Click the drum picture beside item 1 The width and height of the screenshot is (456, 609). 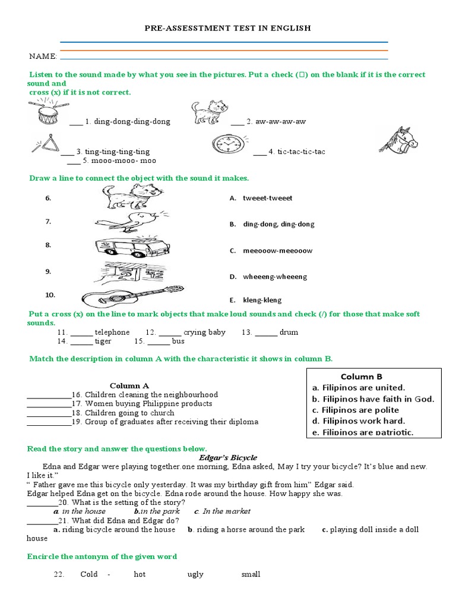(46, 113)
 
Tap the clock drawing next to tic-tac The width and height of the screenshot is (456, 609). (228, 145)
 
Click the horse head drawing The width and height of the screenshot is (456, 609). (398, 141)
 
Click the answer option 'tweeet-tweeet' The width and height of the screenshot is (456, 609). (267, 198)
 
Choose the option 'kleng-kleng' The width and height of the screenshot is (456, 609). (262, 300)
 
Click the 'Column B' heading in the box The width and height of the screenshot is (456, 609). (362, 376)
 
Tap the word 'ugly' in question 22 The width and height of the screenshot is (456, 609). (195, 574)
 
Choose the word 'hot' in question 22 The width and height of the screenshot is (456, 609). (140, 574)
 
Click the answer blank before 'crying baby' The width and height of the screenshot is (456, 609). (170, 332)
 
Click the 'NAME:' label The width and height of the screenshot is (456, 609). (43, 56)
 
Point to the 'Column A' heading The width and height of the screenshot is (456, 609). (129, 385)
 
